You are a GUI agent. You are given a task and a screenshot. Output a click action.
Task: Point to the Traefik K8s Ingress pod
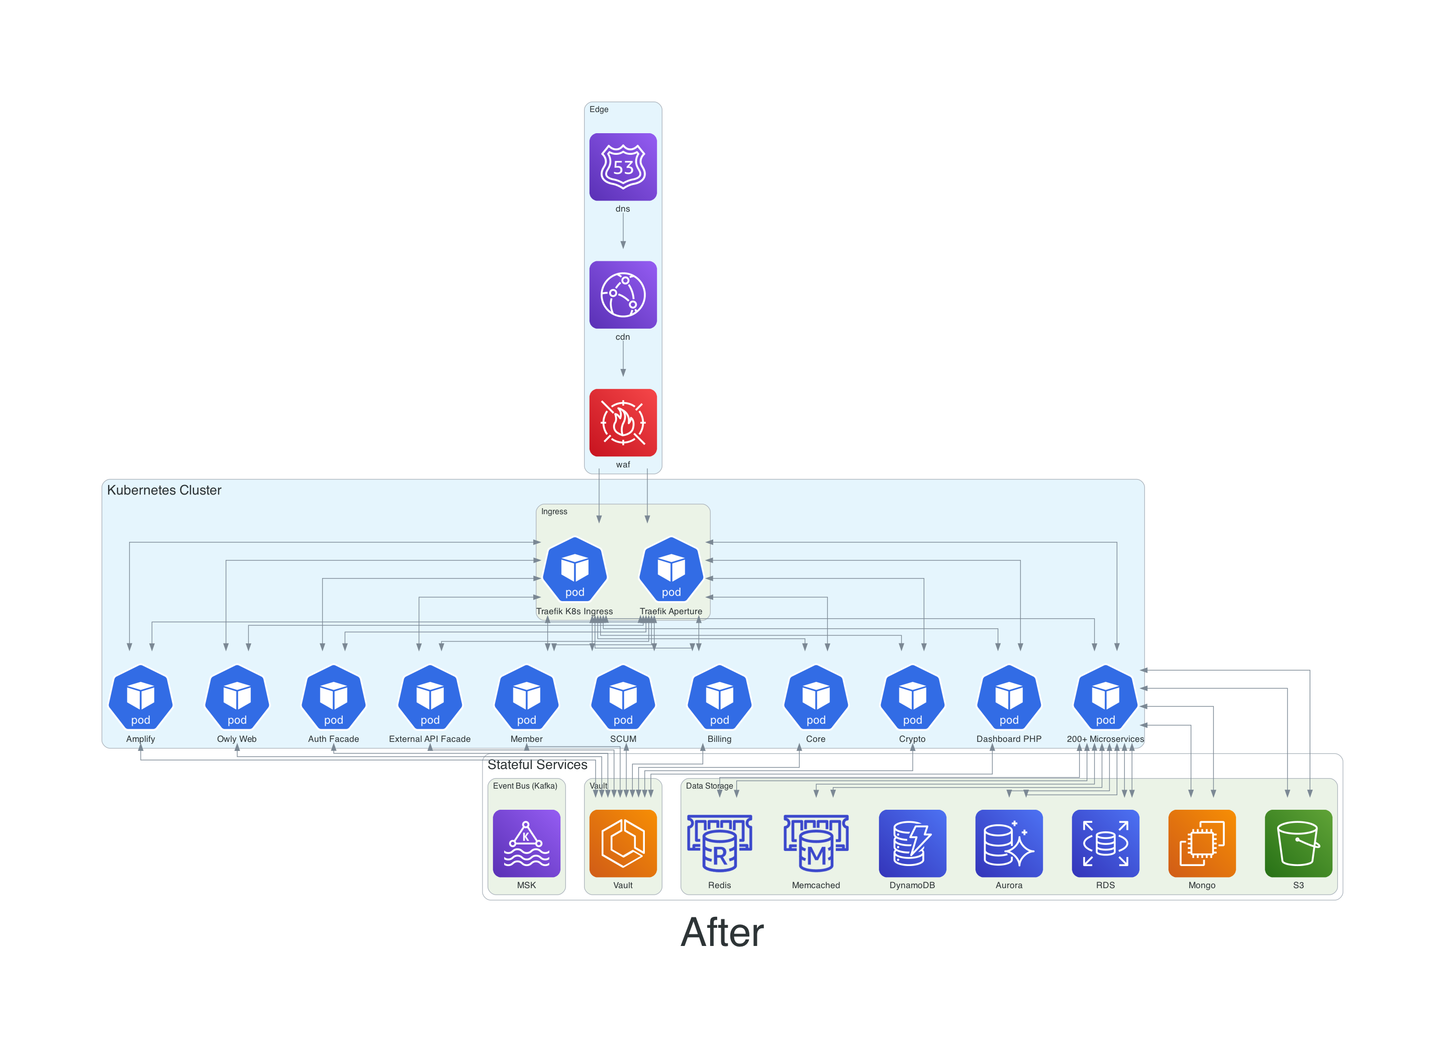[x=574, y=569]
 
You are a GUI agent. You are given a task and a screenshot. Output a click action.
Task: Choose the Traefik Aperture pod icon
[x=671, y=569]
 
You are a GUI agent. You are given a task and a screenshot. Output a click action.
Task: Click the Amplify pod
[x=141, y=697]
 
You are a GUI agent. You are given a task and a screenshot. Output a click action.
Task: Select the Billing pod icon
[x=719, y=697]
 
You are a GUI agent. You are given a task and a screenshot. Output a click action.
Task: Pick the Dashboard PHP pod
[x=1009, y=697]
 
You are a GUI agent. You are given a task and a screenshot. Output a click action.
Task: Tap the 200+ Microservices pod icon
[x=1105, y=697]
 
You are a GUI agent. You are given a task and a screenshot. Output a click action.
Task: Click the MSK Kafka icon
[x=526, y=843]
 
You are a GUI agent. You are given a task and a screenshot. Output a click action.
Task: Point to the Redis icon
[x=719, y=843]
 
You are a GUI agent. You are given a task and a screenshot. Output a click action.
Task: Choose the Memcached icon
[x=816, y=843]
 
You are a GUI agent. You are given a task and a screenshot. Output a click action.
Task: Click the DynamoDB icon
[x=912, y=843]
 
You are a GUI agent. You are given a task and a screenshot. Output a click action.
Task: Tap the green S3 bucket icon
[x=1298, y=843]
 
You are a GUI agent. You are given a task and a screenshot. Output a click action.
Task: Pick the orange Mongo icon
[x=1202, y=843]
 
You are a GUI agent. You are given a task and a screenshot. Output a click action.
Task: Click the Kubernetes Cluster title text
[x=164, y=490]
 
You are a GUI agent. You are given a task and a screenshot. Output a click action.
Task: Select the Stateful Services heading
[x=537, y=765]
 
